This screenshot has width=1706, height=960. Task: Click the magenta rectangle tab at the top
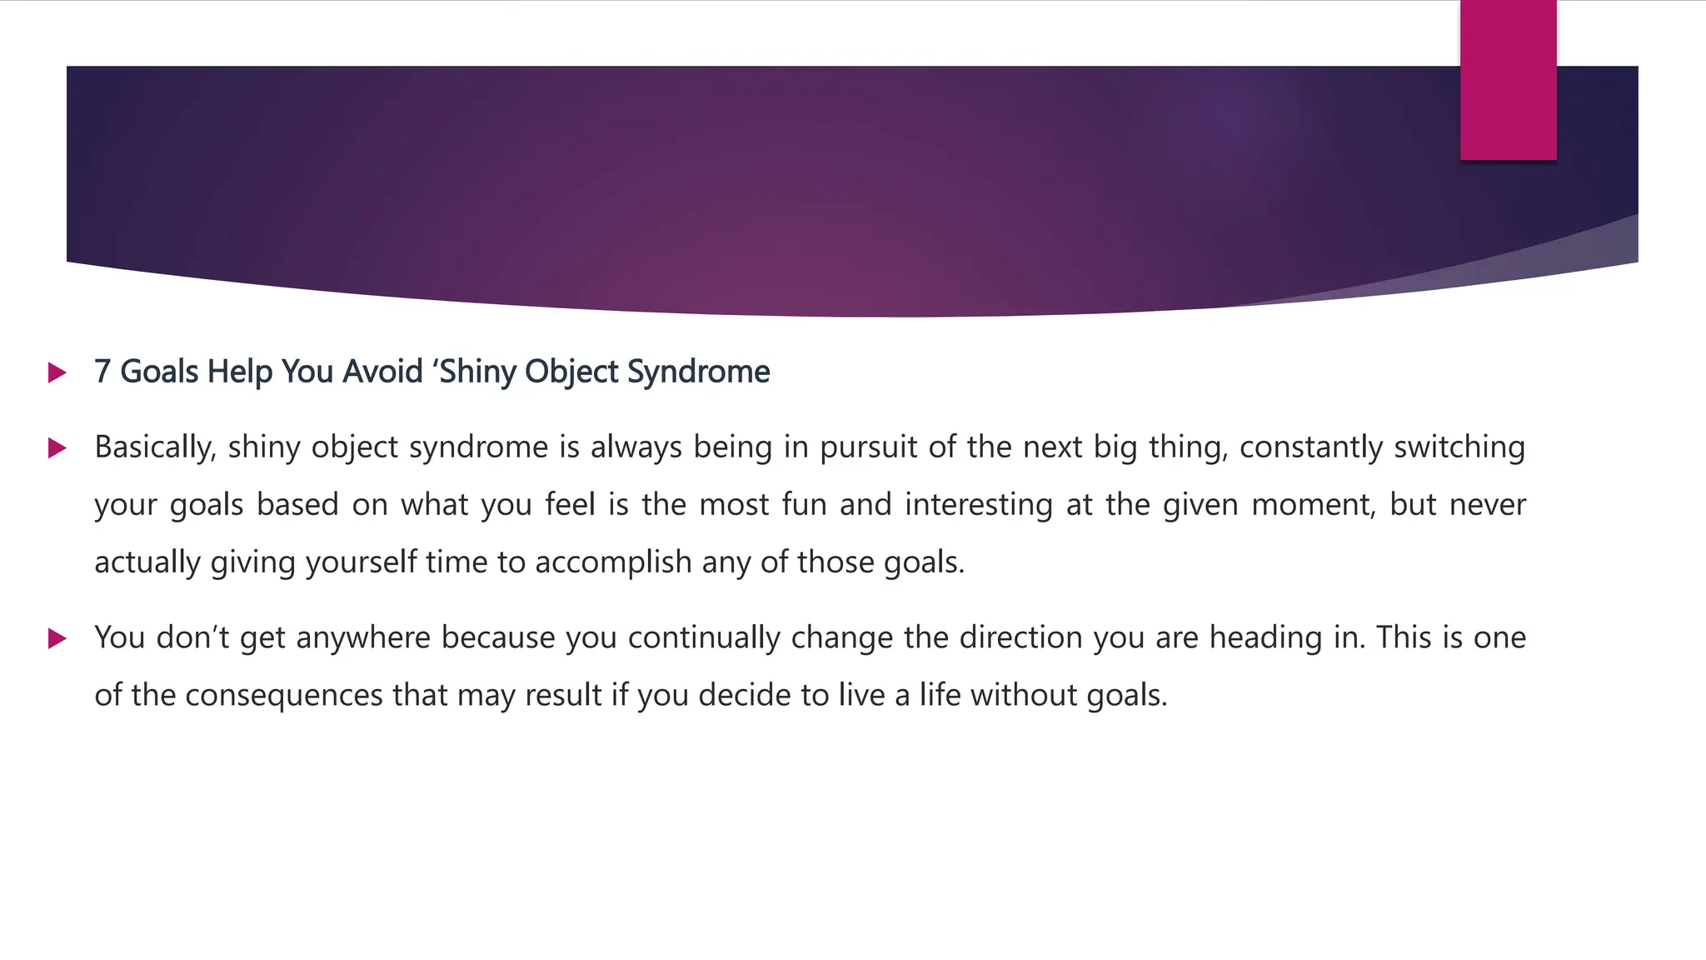1508,80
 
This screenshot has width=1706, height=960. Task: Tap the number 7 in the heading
102,372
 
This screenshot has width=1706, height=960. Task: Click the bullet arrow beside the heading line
57,372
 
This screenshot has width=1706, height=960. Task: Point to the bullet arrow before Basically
57,448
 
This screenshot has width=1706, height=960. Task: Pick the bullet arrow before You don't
57,639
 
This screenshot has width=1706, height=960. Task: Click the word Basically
155,447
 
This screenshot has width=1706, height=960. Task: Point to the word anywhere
363,637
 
